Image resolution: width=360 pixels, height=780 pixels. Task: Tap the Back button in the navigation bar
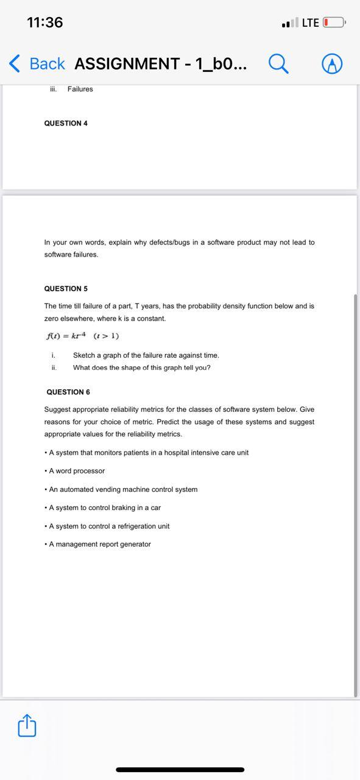[x=37, y=63]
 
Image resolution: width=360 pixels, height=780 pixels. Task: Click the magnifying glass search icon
[x=278, y=63]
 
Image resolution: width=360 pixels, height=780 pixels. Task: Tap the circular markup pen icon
[x=332, y=63]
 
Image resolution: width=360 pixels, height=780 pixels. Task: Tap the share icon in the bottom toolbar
[x=27, y=726]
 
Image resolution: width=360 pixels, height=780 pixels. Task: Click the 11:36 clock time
[x=45, y=23]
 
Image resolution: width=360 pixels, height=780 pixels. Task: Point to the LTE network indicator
[x=310, y=23]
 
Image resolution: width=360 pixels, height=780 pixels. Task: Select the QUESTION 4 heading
[x=66, y=123]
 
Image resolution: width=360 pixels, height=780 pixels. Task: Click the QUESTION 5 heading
[x=66, y=288]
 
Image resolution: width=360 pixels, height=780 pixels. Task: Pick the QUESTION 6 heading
[x=68, y=392]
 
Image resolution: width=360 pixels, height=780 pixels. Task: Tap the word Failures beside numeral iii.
[x=80, y=89]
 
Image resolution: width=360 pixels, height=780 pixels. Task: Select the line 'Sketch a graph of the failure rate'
[x=146, y=355]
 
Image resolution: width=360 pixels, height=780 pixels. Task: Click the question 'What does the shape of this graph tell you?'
[x=142, y=367]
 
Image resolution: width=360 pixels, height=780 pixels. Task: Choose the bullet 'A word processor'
[x=76, y=471]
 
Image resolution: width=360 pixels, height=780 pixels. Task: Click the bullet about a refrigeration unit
[x=109, y=526]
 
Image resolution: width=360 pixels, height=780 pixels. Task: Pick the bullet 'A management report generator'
[x=99, y=544]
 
